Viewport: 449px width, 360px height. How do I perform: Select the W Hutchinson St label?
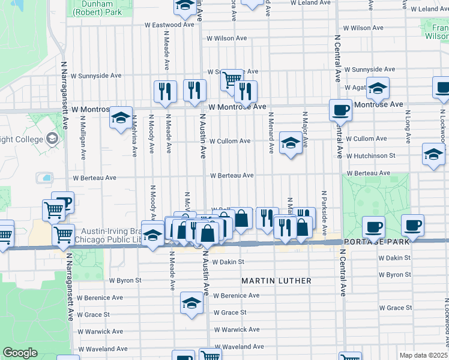pyautogui.click(x=370, y=155)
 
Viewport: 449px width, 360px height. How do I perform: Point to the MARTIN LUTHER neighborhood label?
pyautogui.click(x=276, y=281)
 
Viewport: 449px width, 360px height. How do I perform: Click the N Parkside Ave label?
pyautogui.click(x=324, y=212)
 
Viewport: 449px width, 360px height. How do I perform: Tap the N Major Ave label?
pyautogui.click(x=306, y=128)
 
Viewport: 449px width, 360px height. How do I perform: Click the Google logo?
pyautogui.click(x=20, y=353)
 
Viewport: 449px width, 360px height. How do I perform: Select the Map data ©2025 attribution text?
pyautogui.click(x=423, y=355)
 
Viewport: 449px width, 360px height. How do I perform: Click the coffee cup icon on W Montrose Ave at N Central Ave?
pyautogui.click(x=341, y=110)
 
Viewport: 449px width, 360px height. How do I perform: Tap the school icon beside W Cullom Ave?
pyautogui.click(x=291, y=143)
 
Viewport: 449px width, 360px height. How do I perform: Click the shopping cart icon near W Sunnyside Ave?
pyautogui.click(x=231, y=78)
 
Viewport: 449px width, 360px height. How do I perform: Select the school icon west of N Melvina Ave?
pyautogui.click(x=121, y=117)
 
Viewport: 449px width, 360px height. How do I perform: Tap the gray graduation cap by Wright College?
pyautogui.click(x=52, y=139)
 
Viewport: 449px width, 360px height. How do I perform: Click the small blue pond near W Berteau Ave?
pyautogui.click(x=44, y=178)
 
